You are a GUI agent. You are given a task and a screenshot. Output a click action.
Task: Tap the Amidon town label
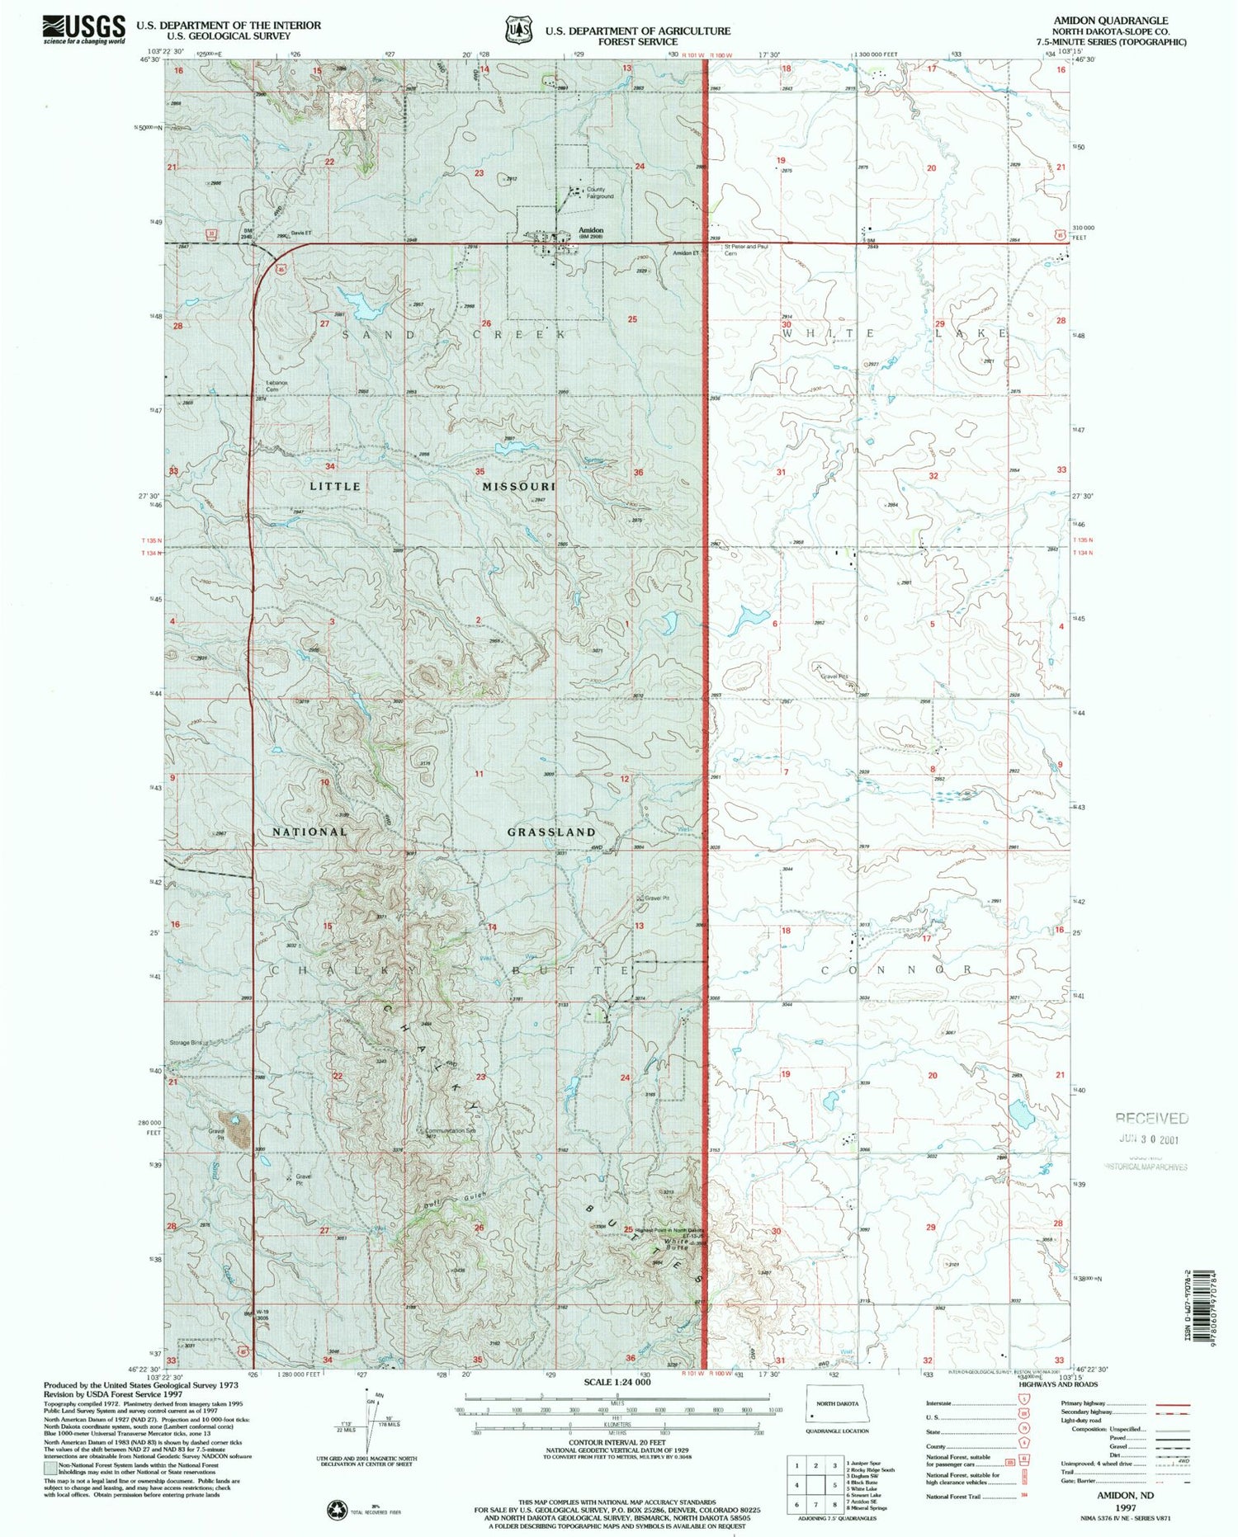click(591, 230)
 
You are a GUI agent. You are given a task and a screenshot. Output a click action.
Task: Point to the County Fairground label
click(600, 193)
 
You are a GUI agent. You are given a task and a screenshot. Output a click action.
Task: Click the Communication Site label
click(451, 1130)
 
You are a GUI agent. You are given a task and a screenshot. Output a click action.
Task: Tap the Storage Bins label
click(186, 1043)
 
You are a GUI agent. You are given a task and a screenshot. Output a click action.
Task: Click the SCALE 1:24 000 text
click(617, 1382)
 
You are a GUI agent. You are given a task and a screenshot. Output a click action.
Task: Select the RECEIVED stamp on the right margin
click(1151, 1119)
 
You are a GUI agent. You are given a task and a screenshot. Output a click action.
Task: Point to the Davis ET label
click(300, 233)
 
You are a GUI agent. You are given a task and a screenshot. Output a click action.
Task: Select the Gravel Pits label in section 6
click(834, 677)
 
